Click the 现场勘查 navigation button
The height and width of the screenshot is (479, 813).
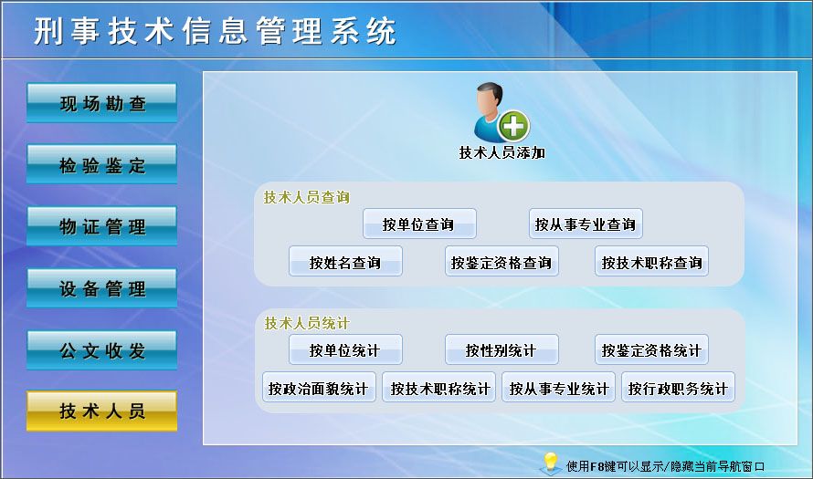[101, 103]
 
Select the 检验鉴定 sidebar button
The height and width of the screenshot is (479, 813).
[101, 165]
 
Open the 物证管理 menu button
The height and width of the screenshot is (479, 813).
[101, 226]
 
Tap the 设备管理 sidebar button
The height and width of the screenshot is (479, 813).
[101, 288]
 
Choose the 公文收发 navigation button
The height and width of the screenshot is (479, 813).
[101, 349]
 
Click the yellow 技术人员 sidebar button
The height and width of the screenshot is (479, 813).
[101, 411]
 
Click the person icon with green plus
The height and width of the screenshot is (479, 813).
[501, 112]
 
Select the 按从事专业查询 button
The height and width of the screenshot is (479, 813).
[586, 224]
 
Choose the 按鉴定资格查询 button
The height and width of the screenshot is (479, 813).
[502, 263]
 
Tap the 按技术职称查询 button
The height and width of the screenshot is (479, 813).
[651, 263]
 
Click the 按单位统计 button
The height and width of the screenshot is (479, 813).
[345, 350]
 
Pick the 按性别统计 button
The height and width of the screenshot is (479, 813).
[502, 350]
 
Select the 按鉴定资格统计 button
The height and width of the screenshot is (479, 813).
[651, 350]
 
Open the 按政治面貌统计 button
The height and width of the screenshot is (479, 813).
[318, 389]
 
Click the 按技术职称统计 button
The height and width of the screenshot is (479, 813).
[439, 389]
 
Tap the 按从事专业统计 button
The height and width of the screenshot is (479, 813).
[558, 389]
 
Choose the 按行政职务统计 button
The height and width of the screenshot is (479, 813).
[678, 389]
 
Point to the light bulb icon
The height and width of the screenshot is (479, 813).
[550, 463]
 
